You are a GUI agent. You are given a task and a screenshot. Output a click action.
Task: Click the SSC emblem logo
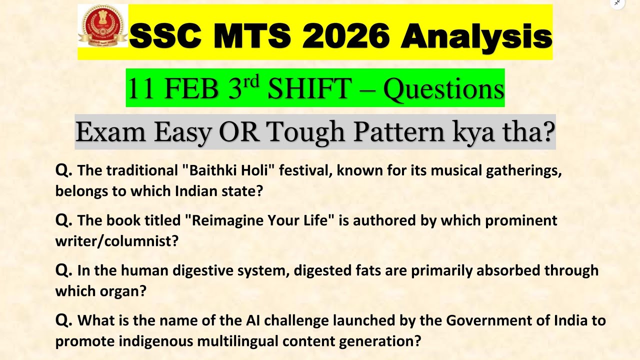(102, 26)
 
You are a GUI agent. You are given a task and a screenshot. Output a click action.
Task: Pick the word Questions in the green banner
(443, 89)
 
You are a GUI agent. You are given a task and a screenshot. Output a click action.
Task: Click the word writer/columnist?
(116, 241)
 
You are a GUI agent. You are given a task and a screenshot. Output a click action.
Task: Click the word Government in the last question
(486, 320)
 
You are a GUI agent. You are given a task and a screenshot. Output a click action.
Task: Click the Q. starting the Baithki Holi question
(64, 170)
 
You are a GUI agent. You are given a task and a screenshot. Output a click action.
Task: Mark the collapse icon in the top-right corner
(617, 3)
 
